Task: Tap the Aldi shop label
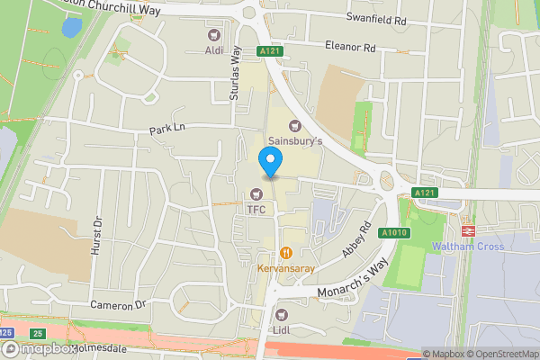[x=214, y=50]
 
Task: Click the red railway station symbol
[x=467, y=230]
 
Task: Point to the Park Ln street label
[x=166, y=131]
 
